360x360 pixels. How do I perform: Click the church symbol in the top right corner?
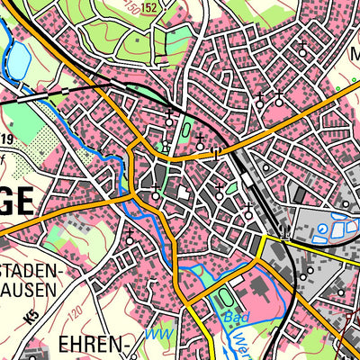coord(303,50)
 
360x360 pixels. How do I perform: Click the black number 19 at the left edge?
coord(5,139)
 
